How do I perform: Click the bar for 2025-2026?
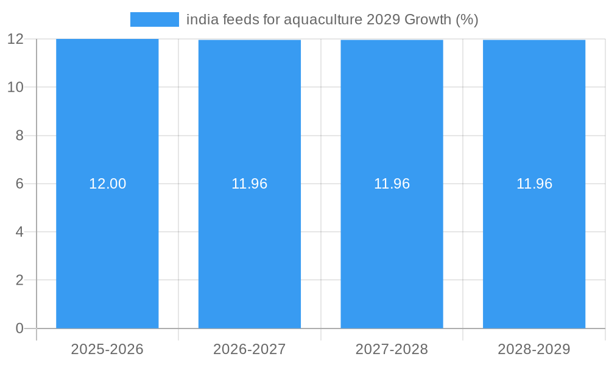107,255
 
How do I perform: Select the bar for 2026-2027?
250,255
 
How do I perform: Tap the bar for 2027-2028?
392,255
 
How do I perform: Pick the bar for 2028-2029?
534,255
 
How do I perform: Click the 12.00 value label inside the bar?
108,184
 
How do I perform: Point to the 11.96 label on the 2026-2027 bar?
250,184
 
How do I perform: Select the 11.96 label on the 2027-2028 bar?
392,184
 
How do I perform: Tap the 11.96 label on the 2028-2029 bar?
535,184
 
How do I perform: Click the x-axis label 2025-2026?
107,349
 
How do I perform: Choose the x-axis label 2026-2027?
250,349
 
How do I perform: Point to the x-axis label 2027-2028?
392,349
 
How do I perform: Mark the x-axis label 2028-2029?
534,349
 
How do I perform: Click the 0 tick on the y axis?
19,328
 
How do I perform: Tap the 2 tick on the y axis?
19,280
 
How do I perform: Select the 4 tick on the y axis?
19,232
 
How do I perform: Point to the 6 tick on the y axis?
19,184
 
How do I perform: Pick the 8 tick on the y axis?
19,136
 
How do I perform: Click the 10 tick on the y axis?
15,87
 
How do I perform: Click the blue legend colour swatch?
155,19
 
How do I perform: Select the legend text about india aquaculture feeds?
332,19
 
